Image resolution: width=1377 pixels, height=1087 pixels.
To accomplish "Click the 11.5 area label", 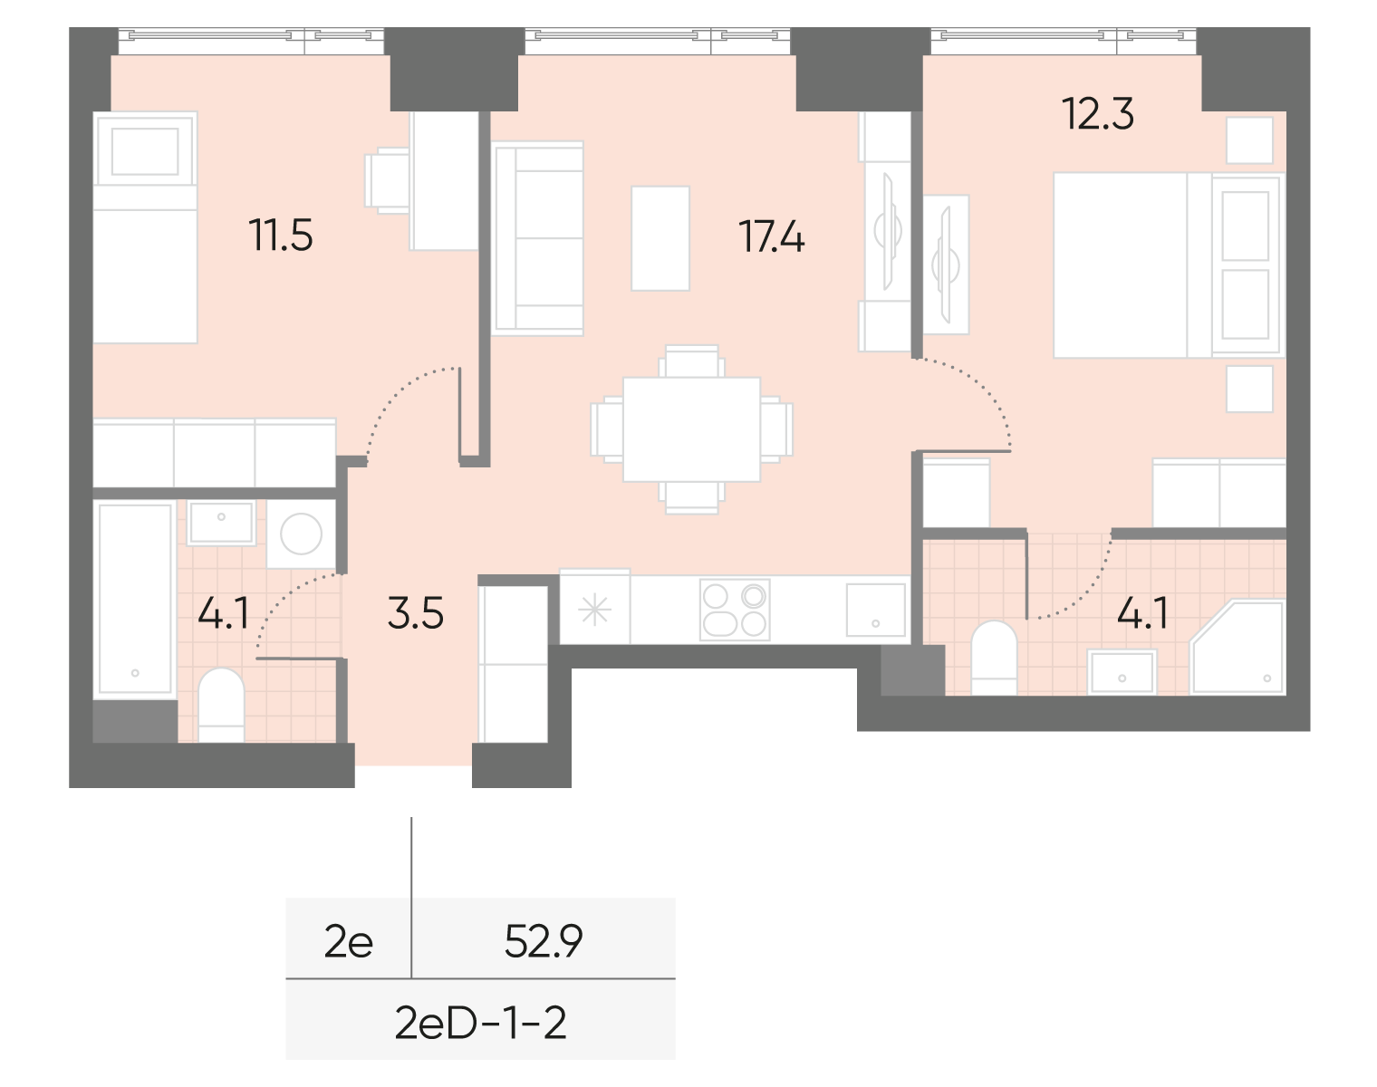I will [x=281, y=237].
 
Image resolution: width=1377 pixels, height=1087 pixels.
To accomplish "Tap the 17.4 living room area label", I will [x=772, y=237].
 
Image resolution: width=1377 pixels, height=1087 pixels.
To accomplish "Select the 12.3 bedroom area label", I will [x=1098, y=116].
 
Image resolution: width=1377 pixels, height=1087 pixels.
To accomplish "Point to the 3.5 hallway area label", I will [x=415, y=614].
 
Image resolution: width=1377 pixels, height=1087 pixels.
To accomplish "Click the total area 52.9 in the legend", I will [x=543, y=944].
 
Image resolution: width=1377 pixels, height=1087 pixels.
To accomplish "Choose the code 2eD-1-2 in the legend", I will [x=480, y=1024].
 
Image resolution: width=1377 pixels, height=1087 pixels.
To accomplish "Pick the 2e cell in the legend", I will [x=349, y=944].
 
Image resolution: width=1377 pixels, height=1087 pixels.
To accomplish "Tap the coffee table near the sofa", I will [x=660, y=237].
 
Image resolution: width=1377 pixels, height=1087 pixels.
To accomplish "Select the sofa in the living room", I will [x=536, y=238].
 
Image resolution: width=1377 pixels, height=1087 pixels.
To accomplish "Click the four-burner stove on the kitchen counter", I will [x=735, y=610].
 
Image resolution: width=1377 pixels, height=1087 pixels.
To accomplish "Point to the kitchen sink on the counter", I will [x=875, y=610].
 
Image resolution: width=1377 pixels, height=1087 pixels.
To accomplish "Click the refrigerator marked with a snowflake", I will [x=595, y=610].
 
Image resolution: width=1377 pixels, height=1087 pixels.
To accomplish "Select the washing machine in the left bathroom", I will [x=301, y=534].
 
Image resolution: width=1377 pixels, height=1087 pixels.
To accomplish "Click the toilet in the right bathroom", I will [x=994, y=656].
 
